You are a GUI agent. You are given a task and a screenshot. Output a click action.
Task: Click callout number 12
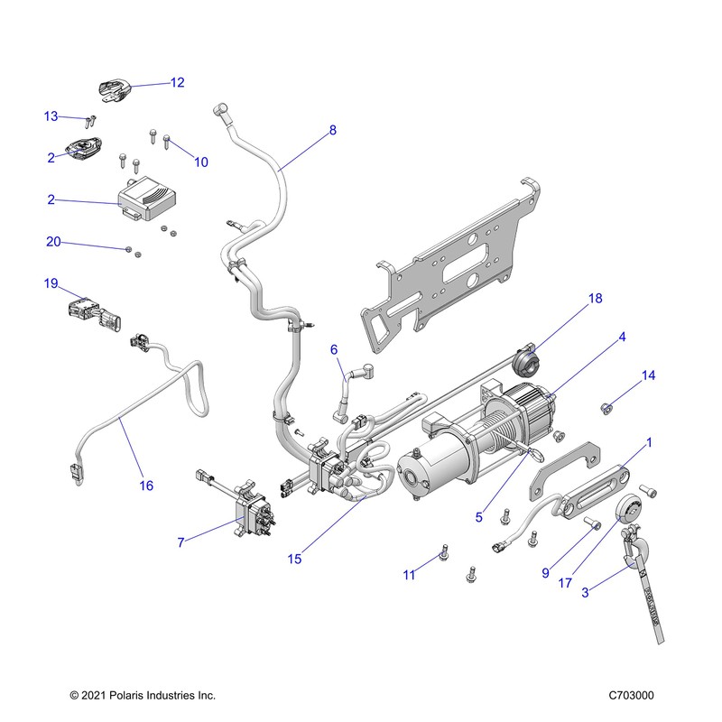click(x=177, y=82)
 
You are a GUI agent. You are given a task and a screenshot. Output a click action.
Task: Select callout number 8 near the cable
click(x=332, y=130)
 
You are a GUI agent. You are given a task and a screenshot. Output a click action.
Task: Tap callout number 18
click(x=595, y=299)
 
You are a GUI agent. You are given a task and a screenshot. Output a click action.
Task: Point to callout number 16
click(x=146, y=486)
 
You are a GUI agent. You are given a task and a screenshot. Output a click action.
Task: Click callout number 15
click(x=294, y=559)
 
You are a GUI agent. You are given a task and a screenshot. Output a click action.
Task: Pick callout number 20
click(x=53, y=242)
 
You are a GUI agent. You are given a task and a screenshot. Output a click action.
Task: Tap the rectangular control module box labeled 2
click(x=146, y=199)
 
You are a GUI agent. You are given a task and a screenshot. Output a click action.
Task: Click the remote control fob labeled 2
click(x=83, y=148)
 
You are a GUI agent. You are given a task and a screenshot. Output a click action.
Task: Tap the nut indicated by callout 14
click(x=606, y=408)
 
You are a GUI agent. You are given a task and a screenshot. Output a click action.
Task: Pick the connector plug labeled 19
click(x=96, y=314)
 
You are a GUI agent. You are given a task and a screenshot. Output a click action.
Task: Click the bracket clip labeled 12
click(x=116, y=89)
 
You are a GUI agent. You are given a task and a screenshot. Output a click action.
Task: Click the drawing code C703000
click(x=631, y=695)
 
